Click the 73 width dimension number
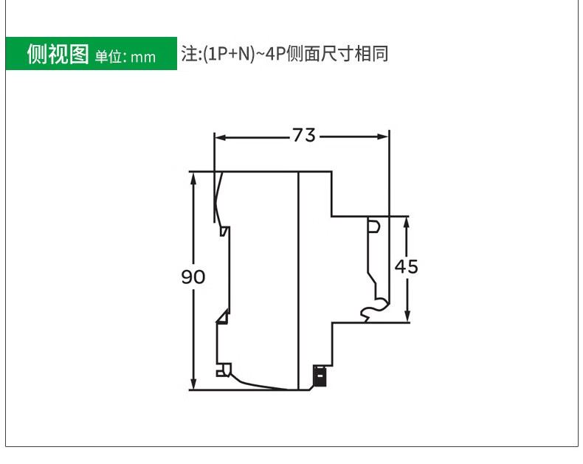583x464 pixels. pyautogui.click(x=303, y=136)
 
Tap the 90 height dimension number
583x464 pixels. pyautogui.click(x=193, y=277)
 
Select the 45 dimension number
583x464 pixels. pyautogui.click(x=406, y=266)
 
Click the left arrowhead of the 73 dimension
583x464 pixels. pyautogui.click(x=218, y=136)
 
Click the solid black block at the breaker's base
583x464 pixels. pyautogui.click(x=320, y=376)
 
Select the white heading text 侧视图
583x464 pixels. pyautogui.click(x=58, y=55)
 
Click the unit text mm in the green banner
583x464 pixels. pyautogui.click(x=144, y=57)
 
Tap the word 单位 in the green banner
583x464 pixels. pyautogui.click(x=108, y=57)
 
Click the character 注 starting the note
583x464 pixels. pyautogui.click(x=188, y=55)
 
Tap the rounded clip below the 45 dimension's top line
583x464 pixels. pyautogui.click(x=374, y=225)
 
